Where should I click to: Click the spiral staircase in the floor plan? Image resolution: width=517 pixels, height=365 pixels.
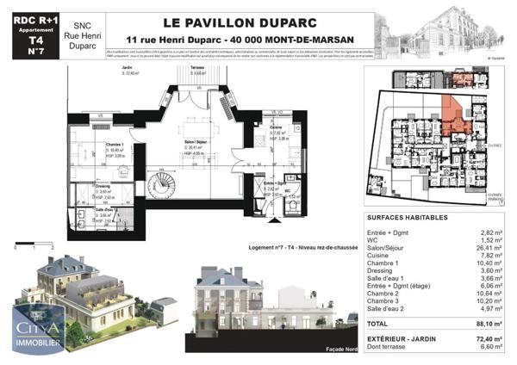click(x=162, y=183)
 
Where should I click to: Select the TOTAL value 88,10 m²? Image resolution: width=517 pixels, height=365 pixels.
click(x=489, y=323)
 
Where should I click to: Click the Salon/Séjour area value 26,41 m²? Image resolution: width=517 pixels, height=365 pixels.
click(x=489, y=248)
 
